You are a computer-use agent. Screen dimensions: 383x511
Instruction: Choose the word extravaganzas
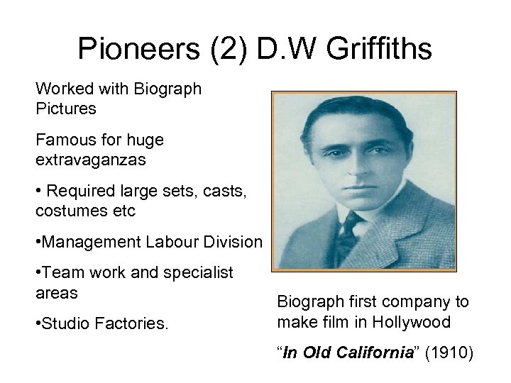tap(91, 160)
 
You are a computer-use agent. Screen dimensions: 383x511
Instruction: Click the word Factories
tap(134, 324)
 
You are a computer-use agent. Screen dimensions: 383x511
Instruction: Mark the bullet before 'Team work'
tap(38, 274)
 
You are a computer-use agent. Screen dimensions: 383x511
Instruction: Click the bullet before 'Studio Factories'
tap(38, 325)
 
